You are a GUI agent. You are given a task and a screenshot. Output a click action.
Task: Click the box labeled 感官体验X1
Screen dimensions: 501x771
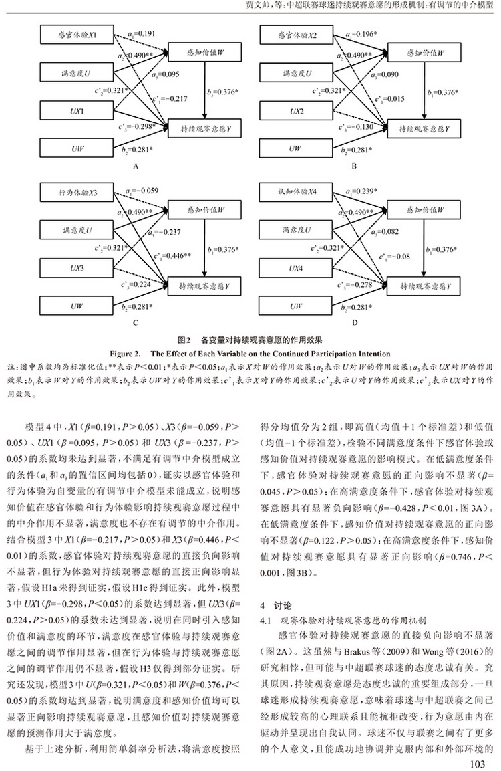click(x=77, y=35)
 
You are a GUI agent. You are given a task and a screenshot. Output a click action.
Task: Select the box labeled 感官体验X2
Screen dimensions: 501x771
click(x=296, y=35)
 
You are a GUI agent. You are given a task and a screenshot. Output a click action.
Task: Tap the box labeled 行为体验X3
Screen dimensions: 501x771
click(x=77, y=193)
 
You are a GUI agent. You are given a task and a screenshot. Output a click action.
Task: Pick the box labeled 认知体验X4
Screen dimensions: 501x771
click(x=296, y=192)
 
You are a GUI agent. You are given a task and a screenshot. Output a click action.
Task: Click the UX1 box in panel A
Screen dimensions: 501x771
click(x=77, y=111)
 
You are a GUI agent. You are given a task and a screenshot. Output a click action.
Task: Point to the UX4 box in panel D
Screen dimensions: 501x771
click(x=296, y=268)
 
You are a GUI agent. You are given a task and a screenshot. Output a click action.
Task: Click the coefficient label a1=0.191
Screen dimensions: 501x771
click(x=141, y=34)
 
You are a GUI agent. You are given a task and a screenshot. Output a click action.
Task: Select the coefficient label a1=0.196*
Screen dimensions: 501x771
click(x=361, y=34)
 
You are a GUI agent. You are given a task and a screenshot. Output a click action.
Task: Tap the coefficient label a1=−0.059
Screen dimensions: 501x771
click(x=142, y=191)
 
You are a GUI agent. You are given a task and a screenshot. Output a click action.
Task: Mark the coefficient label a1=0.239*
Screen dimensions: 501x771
click(x=361, y=191)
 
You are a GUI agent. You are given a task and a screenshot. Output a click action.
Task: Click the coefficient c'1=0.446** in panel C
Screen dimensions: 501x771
click(x=172, y=255)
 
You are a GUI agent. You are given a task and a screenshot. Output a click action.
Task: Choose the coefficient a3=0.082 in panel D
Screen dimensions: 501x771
click(x=385, y=231)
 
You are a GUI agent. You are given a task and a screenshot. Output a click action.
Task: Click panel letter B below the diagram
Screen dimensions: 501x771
click(x=354, y=167)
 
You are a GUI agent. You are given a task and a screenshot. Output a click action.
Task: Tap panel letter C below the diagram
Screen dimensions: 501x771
click(x=136, y=323)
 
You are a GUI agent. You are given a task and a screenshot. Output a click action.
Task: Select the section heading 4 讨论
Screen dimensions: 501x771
click(x=275, y=606)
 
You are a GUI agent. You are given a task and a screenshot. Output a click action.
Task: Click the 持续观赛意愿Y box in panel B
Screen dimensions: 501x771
click(x=424, y=129)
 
